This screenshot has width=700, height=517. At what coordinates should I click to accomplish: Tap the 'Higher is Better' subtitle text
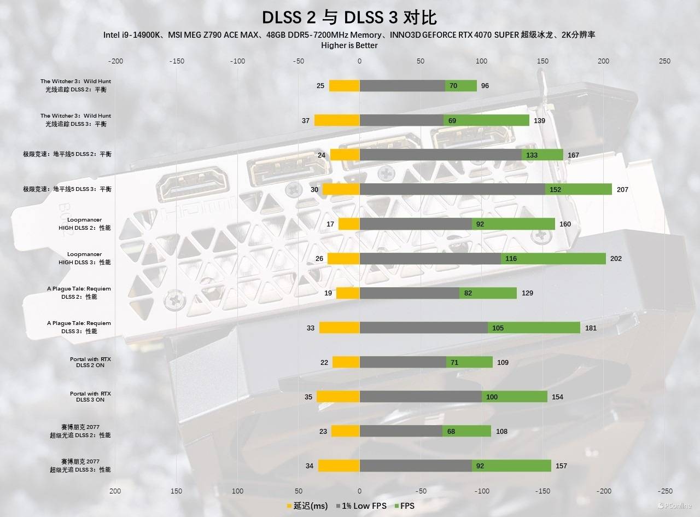point(349,45)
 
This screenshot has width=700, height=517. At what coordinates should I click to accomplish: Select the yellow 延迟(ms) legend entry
point(307,506)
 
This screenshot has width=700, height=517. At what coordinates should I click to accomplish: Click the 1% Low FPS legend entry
point(361,506)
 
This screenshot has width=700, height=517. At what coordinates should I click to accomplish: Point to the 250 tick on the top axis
point(664,61)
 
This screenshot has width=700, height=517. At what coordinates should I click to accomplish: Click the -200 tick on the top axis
point(116,61)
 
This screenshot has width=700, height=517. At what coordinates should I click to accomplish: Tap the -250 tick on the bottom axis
point(664,491)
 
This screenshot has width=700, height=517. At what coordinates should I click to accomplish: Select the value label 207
point(622,189)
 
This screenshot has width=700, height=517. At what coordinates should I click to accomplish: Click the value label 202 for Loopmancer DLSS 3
point(616,258)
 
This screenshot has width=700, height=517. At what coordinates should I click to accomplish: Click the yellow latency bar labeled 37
point(337,120)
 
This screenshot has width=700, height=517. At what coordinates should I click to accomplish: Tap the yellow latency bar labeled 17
point(349,224)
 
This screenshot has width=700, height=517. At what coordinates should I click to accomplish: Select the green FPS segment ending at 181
point(534,328)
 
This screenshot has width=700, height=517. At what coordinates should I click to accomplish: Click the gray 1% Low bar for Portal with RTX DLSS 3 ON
point(421,397)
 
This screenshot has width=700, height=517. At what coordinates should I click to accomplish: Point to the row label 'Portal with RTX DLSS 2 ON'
point(90,362)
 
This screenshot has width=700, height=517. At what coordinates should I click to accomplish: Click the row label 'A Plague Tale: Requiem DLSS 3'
point(79,327)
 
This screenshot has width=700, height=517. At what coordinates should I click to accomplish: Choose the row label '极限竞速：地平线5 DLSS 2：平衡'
point(67,154)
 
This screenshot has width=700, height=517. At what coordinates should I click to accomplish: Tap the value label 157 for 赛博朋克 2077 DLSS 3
point(561,466)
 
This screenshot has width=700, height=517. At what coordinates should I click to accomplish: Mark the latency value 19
point(328,293)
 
